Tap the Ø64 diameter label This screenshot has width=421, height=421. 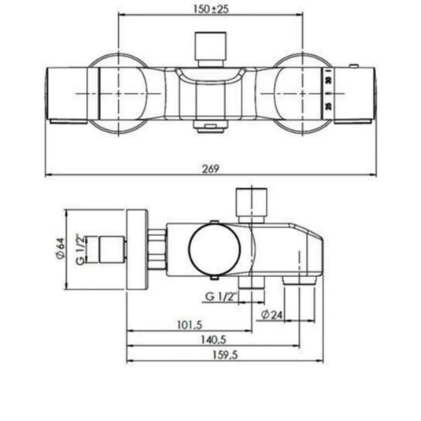click(x=61, y=251)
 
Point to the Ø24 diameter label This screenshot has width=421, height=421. click(x=271, y=313)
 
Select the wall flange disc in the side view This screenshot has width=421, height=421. click(x=136, y=251)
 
